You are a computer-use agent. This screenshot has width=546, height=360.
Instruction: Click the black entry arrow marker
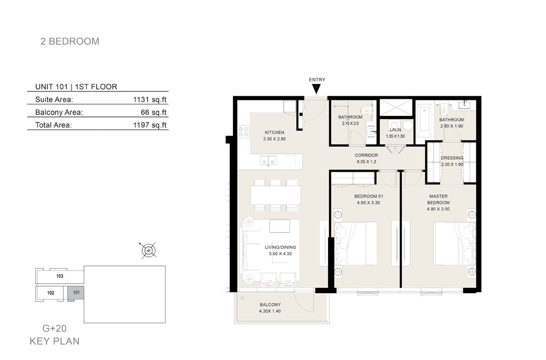point(316,89)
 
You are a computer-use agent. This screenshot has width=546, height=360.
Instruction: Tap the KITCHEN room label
point(275,132)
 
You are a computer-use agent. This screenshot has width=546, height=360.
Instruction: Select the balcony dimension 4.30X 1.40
point(270,311)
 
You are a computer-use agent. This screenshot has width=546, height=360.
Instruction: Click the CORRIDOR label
point(366,155)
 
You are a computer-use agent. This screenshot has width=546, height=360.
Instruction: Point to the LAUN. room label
point(395,130)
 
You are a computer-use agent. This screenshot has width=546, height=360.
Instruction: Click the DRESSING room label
point(452,158)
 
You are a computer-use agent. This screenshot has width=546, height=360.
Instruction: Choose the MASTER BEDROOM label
point(439,200)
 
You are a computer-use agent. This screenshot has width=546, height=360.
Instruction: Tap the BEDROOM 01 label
point(369,197)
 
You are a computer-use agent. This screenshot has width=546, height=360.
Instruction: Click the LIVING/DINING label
point(280,247)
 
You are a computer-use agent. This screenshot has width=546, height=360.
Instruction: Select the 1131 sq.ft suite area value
point(150,99)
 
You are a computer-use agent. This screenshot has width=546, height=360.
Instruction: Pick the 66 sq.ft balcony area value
point(153,113)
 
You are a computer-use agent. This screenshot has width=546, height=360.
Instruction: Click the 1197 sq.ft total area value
point(150,125)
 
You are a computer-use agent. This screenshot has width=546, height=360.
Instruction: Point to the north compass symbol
point(149,251)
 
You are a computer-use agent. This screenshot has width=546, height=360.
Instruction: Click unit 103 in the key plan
point(60,276)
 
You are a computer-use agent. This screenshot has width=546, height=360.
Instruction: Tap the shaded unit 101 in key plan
point(75,293)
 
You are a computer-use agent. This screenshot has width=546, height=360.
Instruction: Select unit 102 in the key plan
point(51,293)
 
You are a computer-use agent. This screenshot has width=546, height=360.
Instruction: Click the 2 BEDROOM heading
point(70,42)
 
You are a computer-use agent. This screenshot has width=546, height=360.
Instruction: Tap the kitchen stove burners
point(244,132)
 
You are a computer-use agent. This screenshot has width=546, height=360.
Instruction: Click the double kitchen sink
point(269,161)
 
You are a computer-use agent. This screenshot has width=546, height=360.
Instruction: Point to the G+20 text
point(54,328)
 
